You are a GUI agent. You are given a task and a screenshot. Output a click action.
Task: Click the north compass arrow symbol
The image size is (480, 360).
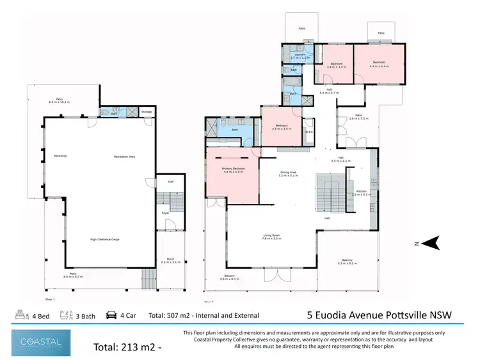pyautogui.click(x=433, y=242)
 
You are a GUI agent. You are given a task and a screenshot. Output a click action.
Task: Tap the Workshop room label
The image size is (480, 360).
pyautogui.click(x=61, y=156)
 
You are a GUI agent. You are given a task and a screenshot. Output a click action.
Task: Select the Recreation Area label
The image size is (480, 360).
pyautogui.click(x=124, y=156)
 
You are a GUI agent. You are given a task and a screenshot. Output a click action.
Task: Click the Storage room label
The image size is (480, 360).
pyautogui.click(x=147, y=112)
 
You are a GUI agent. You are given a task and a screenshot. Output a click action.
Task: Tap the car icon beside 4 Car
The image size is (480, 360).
pyautogui.click(x=111, y=315)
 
